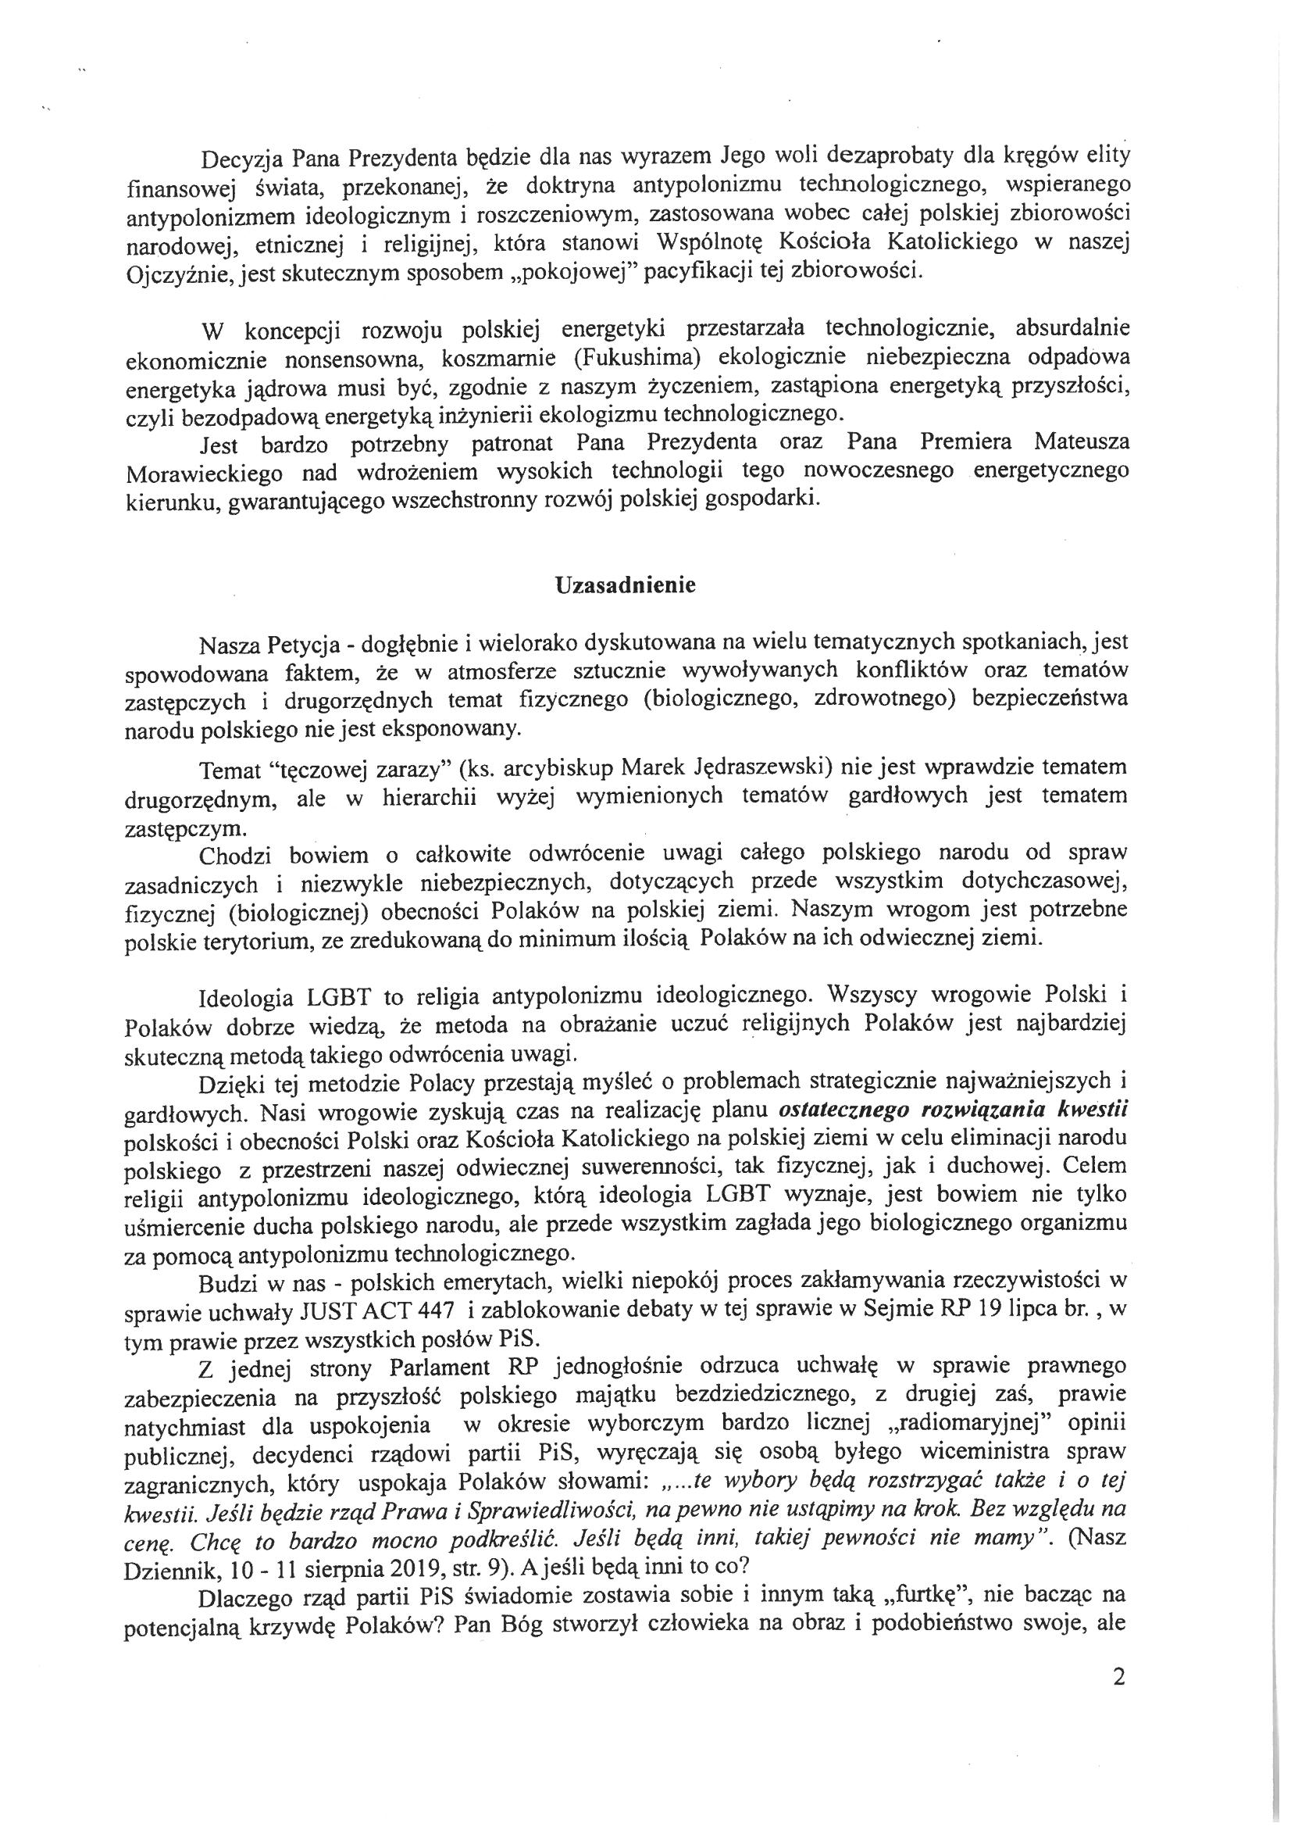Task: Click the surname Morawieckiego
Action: click(x=205, y=473)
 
